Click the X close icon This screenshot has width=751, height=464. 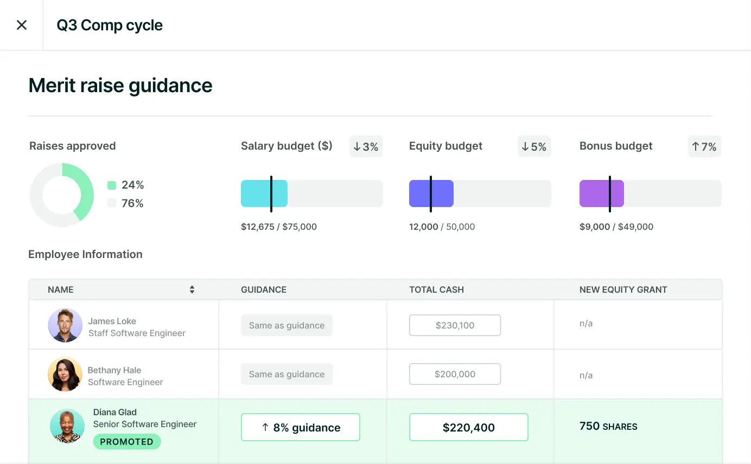pyautogui.click(x=22, y=25)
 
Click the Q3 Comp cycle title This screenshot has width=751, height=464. pyautogui.click(x=110, y=25)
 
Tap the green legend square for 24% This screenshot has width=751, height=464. pyautogui.click(x=112, y=185)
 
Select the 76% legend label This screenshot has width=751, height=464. pyautogui.click(x=132, y=203)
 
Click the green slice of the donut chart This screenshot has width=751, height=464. pyautogui.click(x=81, y=190)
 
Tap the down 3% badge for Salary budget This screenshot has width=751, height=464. pyautogui.click(x=366, y=146)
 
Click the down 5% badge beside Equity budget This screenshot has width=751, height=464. pyautogui.click(x=534, y=146)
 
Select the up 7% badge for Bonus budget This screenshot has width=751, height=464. pyautogui.click(x=704, y=146)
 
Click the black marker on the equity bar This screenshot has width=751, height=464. pyautogui.click(x=430, y=194)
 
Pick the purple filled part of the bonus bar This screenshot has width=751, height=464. pyautogui.click(x=595, y=194)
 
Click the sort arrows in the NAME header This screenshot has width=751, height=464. pyautogui.click(x=192, y=289)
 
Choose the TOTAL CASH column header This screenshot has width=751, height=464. pyautogui.click(x=436, y=289)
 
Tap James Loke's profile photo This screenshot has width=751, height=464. pyautogui.click(x=65, y=325)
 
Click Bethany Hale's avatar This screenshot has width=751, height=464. pyautogui.click(x=65, y=374)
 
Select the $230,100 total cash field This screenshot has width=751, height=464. pyautogui.click(x=455, y=325)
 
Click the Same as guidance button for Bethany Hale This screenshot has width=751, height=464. pyautogui.click(x=287, y=374)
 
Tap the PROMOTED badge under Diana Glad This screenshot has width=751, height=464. pyautogui.click(x=127, y=442)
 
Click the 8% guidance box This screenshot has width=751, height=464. pyautogui.click(x=300, y=427)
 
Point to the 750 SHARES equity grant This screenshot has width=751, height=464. pyautogui.click(x=608, y=427)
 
